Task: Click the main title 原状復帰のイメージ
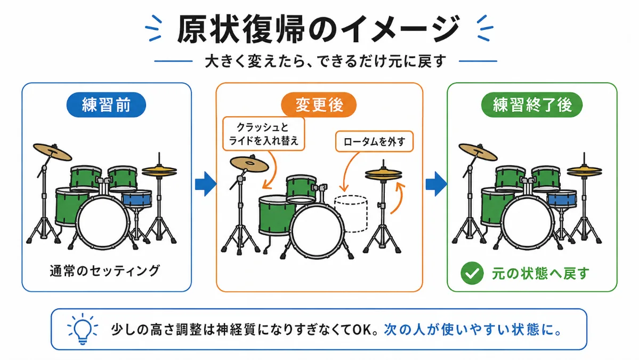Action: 319,29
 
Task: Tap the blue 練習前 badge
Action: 106,105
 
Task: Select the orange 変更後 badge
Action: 319,105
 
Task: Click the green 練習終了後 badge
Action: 532,105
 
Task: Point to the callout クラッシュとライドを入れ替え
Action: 264,134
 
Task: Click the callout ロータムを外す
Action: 374,141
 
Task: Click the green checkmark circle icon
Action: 472,273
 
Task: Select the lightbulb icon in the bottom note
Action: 82,329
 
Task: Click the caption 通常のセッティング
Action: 105,271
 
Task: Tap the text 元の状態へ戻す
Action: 540,273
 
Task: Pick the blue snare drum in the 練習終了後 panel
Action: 562,198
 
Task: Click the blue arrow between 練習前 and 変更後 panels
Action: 205,184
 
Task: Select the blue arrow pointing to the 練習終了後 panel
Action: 436,184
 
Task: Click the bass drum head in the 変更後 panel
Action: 317,231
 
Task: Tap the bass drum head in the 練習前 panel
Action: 102,222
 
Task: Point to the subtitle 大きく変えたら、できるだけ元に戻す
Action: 325,61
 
